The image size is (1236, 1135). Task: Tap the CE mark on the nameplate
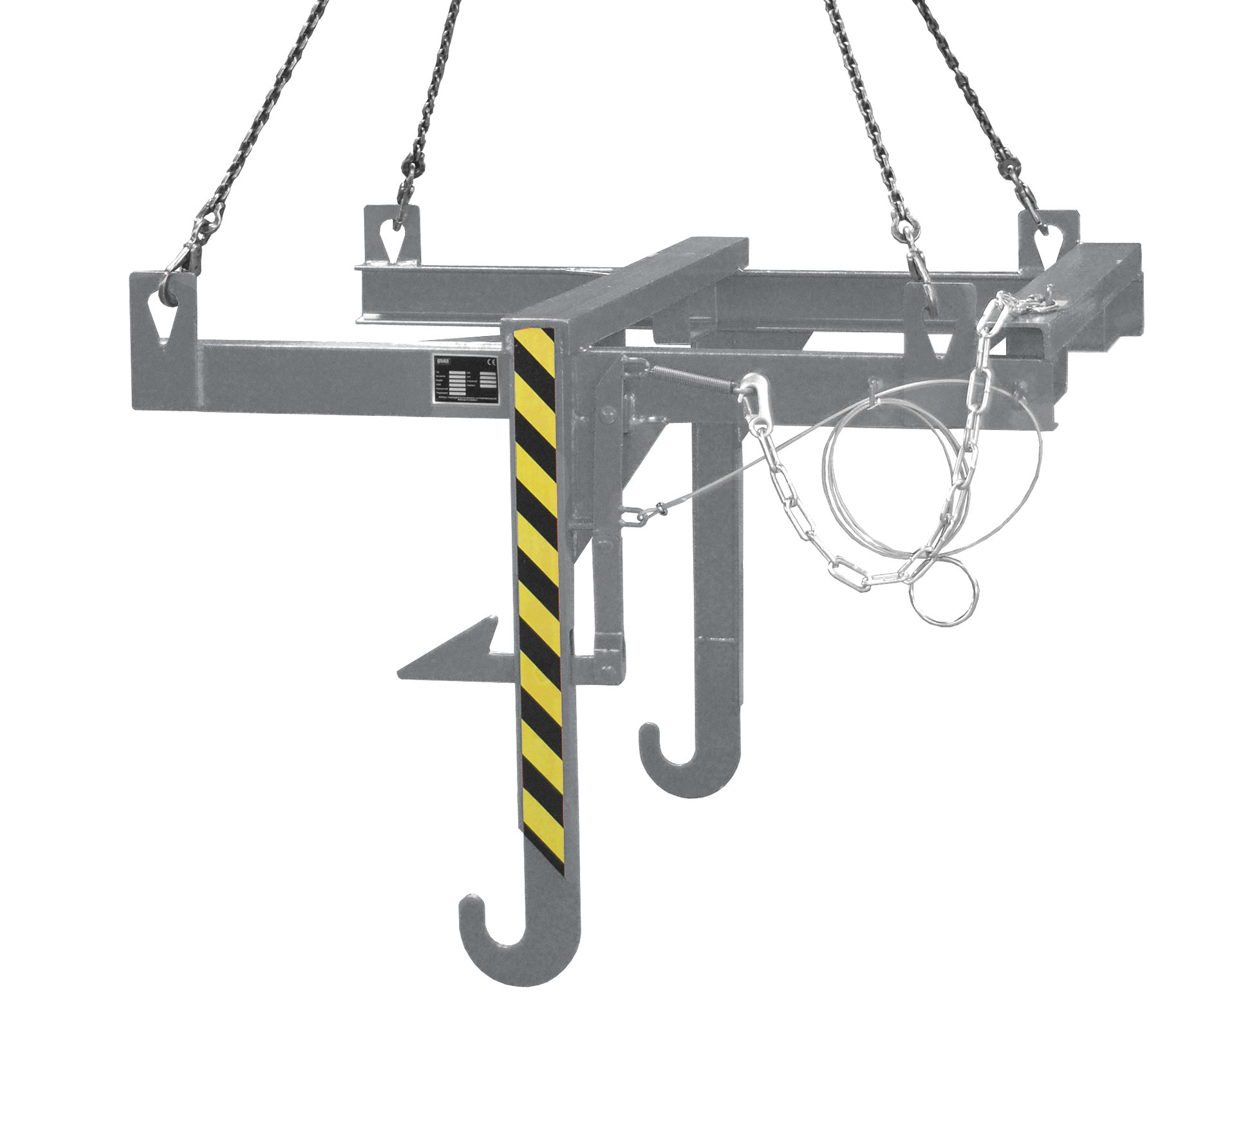tap(490, 361)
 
